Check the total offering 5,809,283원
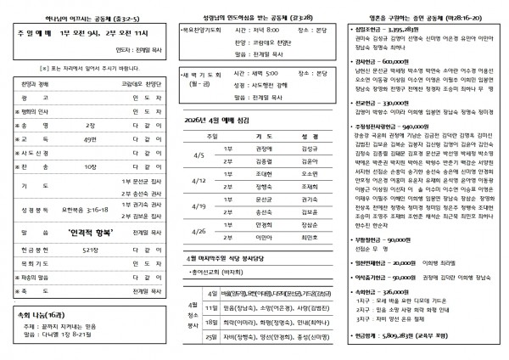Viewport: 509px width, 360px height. coord(407,338)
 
